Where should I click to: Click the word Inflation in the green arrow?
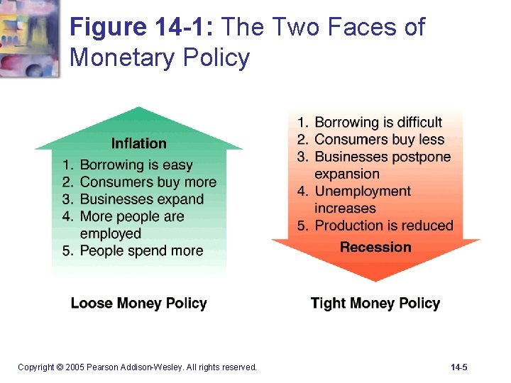(139, 143)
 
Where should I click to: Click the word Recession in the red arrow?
(375, 247)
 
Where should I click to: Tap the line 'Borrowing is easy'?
(136, 165)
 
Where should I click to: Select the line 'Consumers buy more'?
(148, 182)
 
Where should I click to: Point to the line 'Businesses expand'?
(142, 199)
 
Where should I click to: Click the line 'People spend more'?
(141, 250)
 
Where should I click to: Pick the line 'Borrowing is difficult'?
(378, 122)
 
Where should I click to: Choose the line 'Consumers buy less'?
(379, 139)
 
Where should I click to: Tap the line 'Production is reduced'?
(383, 226)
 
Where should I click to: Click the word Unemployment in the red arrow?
(363, 191)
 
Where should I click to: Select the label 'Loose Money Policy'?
(139, 304)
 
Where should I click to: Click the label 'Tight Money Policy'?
(375, 304)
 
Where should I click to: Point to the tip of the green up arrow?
(140, 109)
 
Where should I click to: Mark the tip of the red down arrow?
(375, 279)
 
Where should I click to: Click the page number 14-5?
(458, 367)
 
